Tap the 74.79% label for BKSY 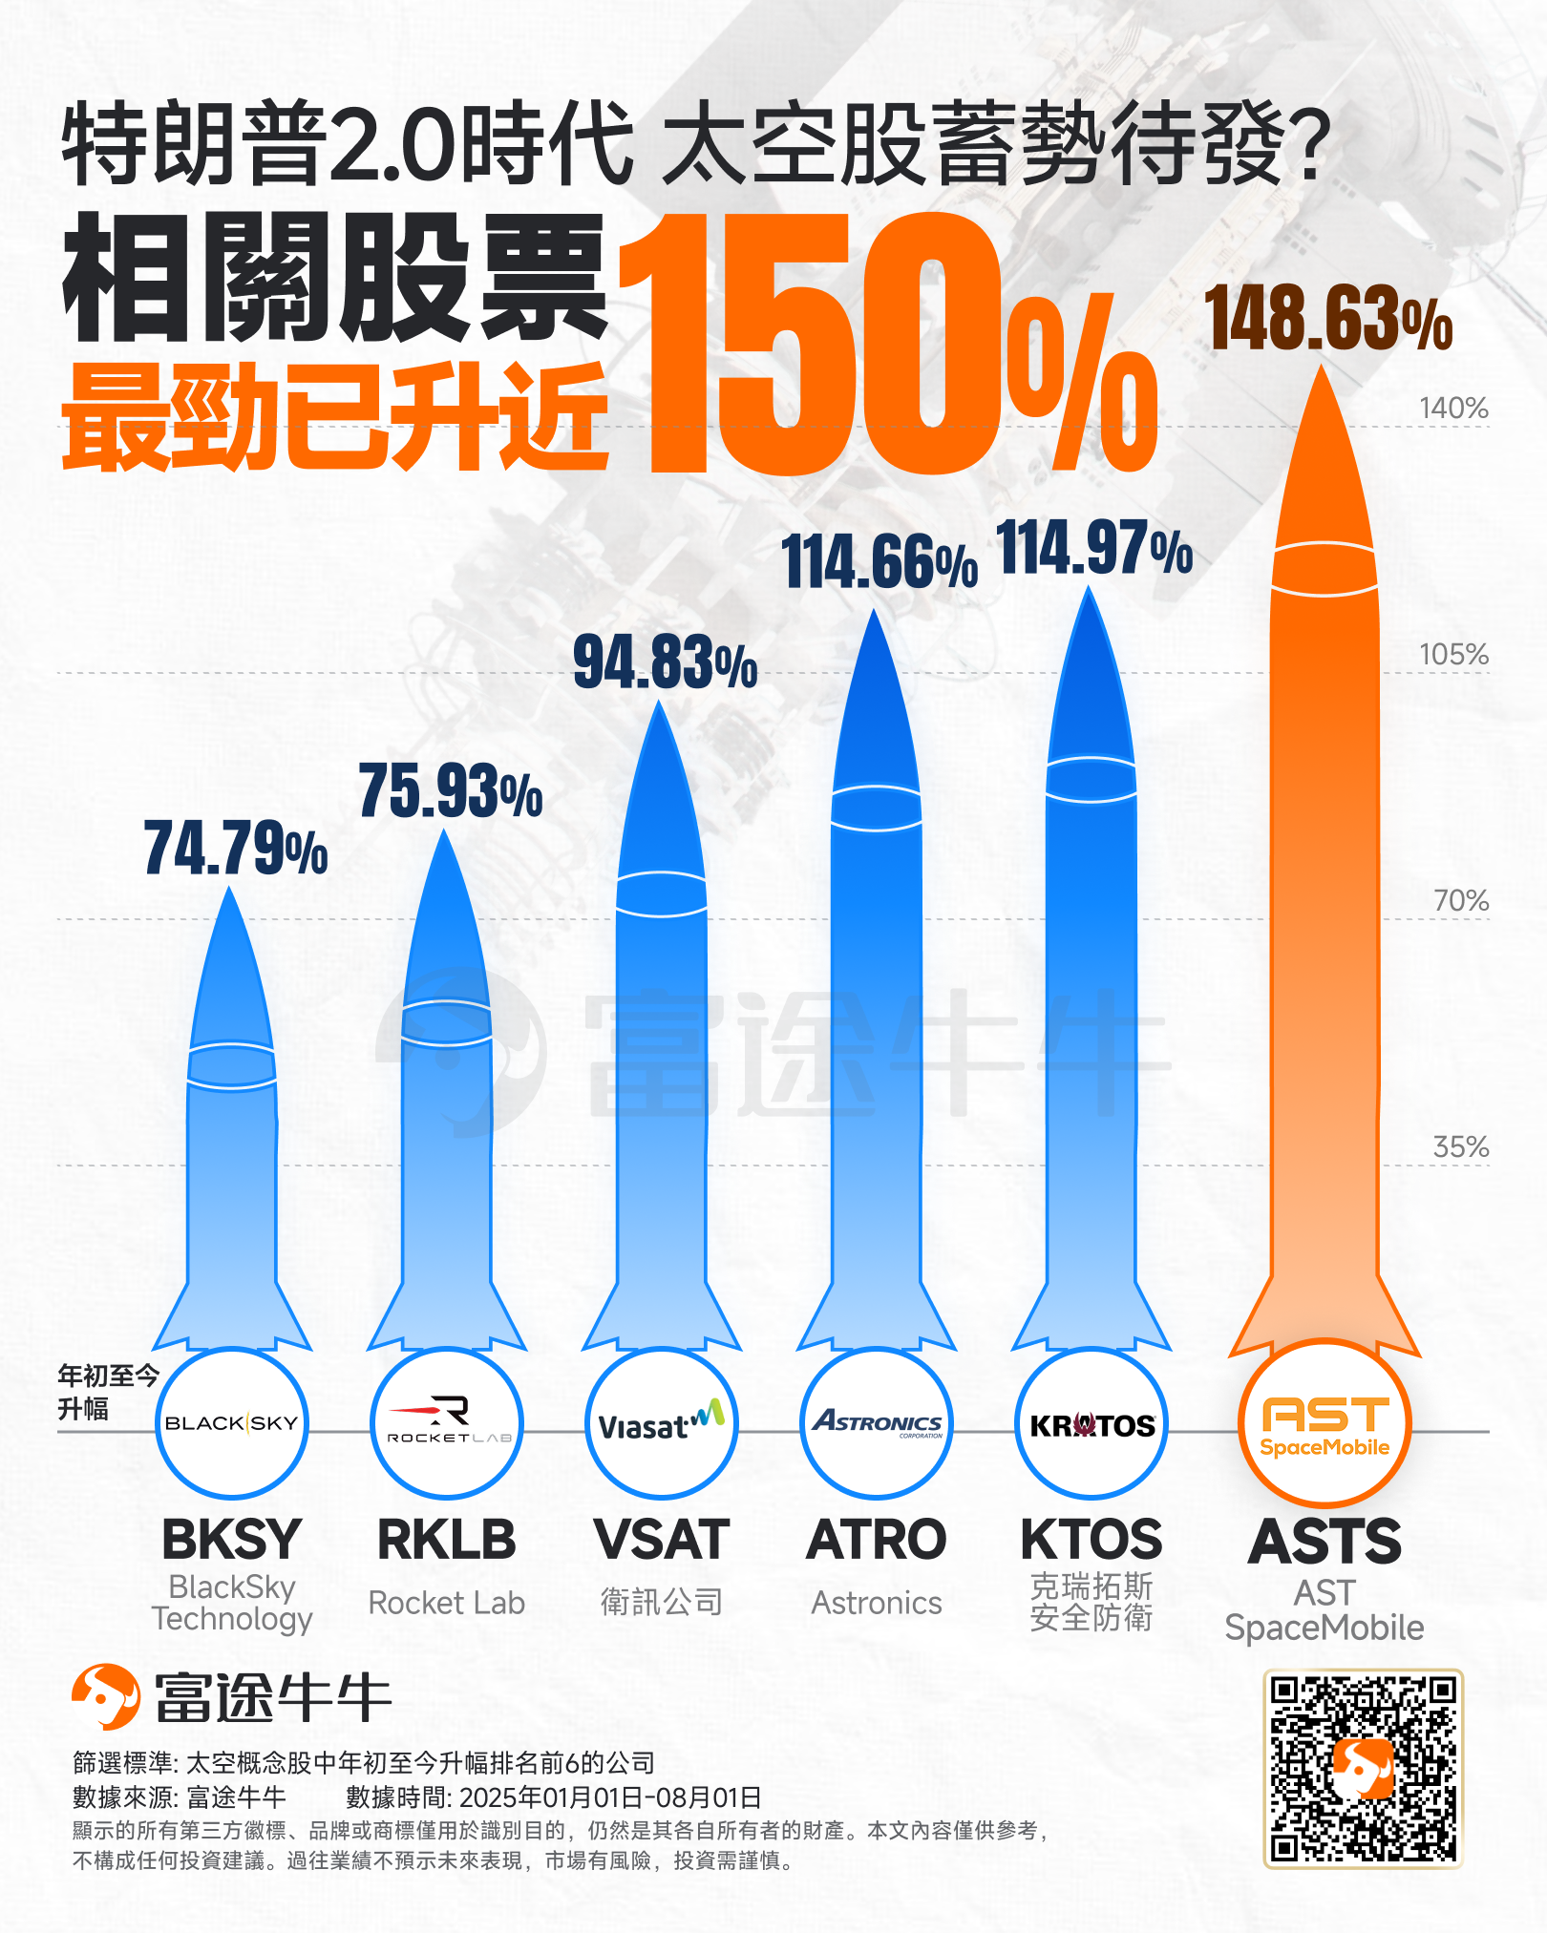(x=236, y=849)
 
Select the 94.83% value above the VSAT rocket (x=665, y=662)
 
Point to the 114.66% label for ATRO (x=879, y=562)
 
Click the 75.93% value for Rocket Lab (x=451, y=791)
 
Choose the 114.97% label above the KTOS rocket (x=1094, y=549)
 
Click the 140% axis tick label (x=1453, y=409)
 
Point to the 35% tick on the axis (x=1460, y=1147)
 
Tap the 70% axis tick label (x=1460, y=901)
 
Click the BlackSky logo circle (x=232, y=1423)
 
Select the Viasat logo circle (x=662, y=1423)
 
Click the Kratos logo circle (x=1091, y=1423)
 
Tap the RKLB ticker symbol (x=447, y=1540)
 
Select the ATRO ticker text (x=877, y=1540)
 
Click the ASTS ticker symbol (x=1324, y=1542)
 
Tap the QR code (x=1363, y=1768)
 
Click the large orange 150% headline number (x=888, y=344)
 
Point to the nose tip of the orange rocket (x=1323, y=372)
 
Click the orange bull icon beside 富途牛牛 (x=106, y=1696)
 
